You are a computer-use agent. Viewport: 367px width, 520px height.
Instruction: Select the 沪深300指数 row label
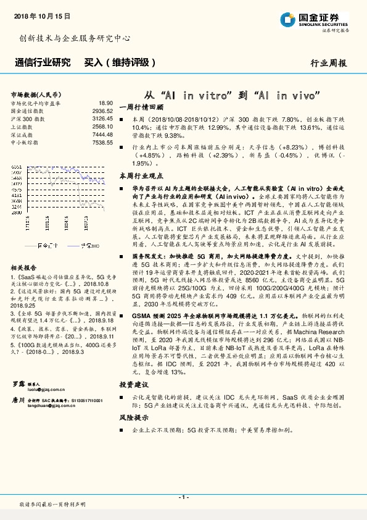(x=27, y=118)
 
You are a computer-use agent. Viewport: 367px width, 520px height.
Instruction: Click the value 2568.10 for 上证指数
(x=102, y=126)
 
